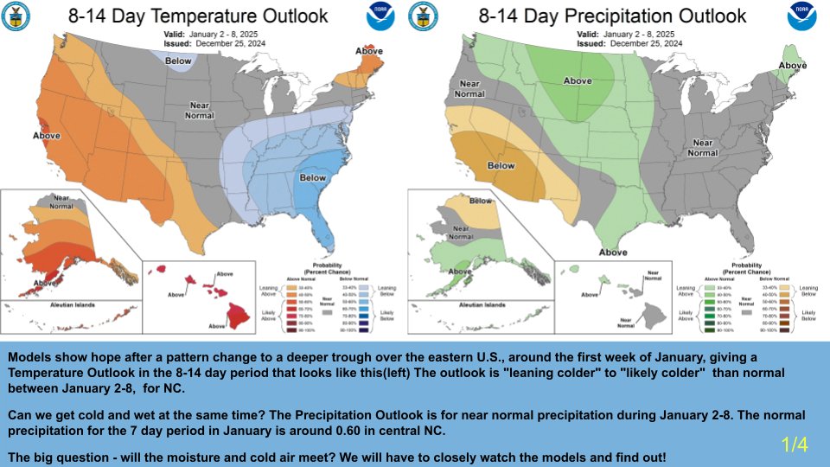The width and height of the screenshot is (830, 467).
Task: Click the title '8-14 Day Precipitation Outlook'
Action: pos(612,16)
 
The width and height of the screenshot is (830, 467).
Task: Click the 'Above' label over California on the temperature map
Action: pos(47,136)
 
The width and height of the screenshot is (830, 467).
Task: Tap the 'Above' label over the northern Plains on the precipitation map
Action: pos(578,80)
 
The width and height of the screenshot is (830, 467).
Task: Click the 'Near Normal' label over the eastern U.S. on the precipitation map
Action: pos(702,148)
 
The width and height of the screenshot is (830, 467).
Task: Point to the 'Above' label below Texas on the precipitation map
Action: pos(613,252)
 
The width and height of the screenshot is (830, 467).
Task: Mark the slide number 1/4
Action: pos(794,445)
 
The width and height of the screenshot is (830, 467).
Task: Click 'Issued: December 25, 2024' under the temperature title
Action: pos(212,42)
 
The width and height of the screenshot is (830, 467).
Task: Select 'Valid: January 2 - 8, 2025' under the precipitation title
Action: pos(621,34)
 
